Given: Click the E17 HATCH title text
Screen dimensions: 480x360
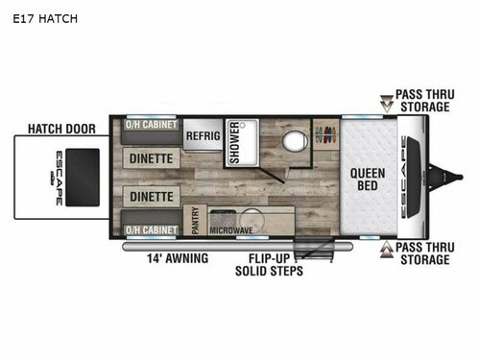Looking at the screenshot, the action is coord(45,19).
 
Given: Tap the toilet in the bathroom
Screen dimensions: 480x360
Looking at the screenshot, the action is coord(295,141).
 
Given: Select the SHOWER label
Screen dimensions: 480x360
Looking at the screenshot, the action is coord(234,142).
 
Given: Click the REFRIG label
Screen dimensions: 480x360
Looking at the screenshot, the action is coord(204,135).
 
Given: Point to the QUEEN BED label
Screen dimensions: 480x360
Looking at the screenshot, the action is coord(368,180).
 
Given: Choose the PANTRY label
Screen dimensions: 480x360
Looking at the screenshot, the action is coord(195,220).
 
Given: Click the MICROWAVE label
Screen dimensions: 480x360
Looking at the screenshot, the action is coord(231,230).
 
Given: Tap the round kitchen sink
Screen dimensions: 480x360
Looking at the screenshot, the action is coord(252,220).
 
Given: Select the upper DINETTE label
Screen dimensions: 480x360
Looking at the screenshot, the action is coord(151,158).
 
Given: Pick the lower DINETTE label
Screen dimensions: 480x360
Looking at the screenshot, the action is coord(152,197).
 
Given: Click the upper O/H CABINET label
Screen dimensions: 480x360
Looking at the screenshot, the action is coord(151,125).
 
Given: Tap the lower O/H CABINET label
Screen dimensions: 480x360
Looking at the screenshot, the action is coord(151,229).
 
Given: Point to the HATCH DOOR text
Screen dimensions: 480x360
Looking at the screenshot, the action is coord(61,129).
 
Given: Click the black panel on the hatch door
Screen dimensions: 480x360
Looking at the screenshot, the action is coord(83,178).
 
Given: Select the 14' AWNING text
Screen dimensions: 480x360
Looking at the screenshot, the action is coord(178,258).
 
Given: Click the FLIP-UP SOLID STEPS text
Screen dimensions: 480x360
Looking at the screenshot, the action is coord(269,265).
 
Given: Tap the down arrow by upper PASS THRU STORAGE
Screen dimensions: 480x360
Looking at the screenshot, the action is coord(387,104).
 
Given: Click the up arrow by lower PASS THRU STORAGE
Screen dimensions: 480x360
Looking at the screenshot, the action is coord(387,250).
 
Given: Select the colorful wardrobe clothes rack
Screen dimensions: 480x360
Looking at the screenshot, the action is coord(326,134).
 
